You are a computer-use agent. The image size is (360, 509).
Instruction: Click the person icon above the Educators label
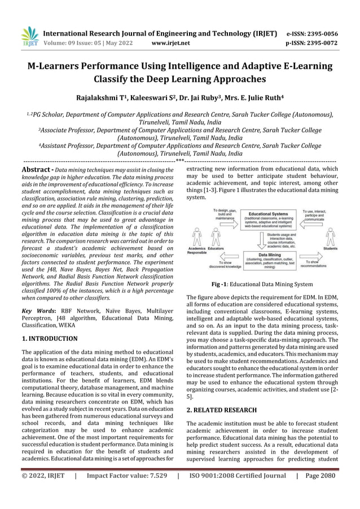215,236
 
